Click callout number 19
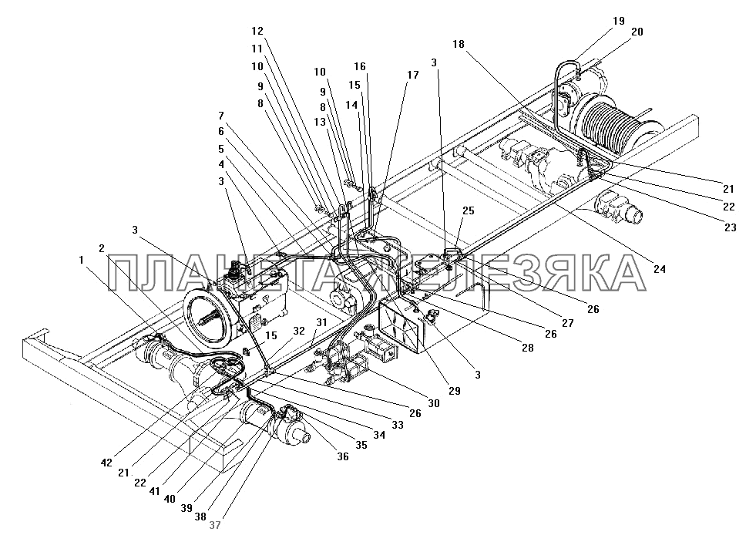(619, 21)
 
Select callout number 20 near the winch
(637, 32)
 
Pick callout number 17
(413, 75)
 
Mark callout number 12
(257, 32)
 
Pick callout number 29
(455, 392)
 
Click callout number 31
(321, 322)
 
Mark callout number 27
(568, 324)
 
